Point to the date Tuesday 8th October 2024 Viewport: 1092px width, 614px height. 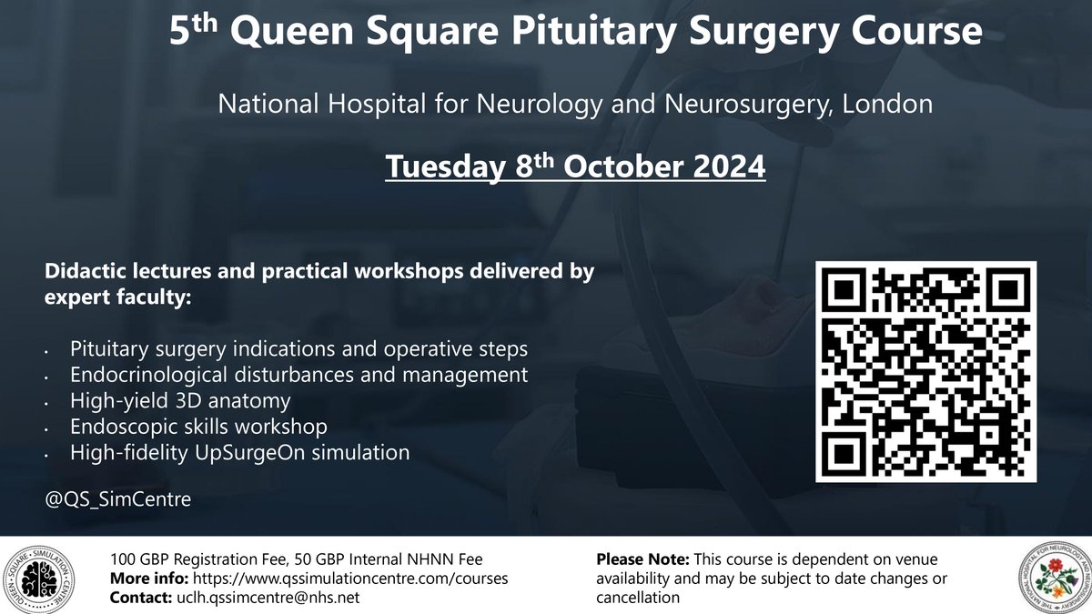click(575, 168)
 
